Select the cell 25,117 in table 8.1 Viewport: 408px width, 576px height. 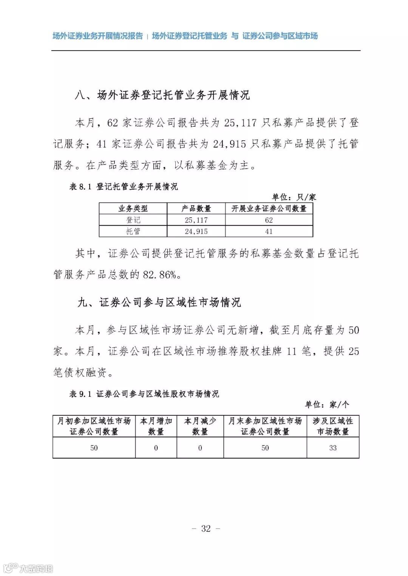pyautogui.click(x=196, y=220)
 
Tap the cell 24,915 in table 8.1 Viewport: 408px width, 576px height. pyautogui.click(x=196, y=231)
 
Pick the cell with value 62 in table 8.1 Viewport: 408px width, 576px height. pyautogui.click(x=269, y=220)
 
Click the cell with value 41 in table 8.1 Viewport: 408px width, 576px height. pyautogui.click(x=269, y=231)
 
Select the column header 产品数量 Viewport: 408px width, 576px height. pyautogui.click(x=196, y=209)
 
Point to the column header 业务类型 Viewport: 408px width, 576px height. pyautogui.click(x=133, y=209)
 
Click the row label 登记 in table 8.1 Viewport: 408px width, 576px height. pyautogui.click(x=133, y=220)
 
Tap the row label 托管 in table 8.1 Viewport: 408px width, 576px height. pyautogui.click(x=133, y=231)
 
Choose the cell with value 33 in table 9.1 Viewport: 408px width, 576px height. pyautogui.click(x=333, y=448)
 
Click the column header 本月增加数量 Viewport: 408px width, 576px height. pyautogui.click(x=156, y=426)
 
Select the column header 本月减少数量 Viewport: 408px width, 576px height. pyautogui.click(x=200, y=426)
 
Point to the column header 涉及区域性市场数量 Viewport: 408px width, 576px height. pyautogui.click(x=333, y=426)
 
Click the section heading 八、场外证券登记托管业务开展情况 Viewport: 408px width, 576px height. pyautogui.click(x=162, y=95)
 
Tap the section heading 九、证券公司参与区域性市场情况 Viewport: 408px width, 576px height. pyautogui.click(x=159, y=303)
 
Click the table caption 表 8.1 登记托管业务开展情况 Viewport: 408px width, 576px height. pyautogui.click(x=124, y=187)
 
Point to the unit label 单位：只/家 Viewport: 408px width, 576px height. pyautogui.click(x=294, y=197)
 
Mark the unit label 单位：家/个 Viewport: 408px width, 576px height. pyautogui.click(x=327, y=405)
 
